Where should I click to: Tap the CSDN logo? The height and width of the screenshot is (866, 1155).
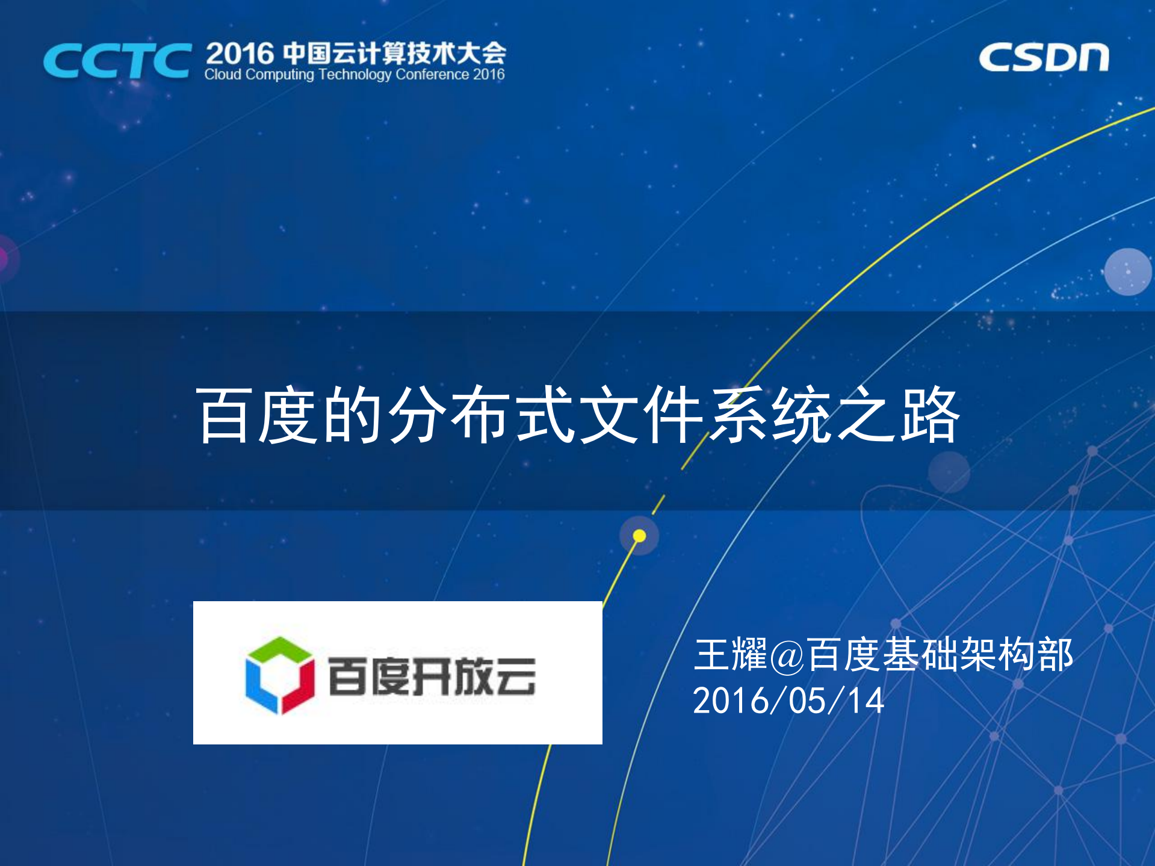pos(1043,58)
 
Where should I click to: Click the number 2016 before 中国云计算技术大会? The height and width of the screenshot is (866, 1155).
pos(240,54)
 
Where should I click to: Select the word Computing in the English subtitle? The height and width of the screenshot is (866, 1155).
pos(280,75)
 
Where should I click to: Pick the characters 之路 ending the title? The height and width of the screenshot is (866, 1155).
pos(897,415)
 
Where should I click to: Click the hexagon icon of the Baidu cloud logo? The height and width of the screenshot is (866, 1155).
pos(280,675)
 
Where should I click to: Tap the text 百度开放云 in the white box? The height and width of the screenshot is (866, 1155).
pos(432,676)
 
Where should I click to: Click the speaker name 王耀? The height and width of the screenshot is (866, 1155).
pos(730,654)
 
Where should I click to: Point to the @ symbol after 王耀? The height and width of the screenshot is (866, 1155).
pos(787,655)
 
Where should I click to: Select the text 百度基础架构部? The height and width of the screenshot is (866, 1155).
pos(940,654)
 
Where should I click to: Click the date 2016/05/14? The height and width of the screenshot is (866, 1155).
pos(788,701)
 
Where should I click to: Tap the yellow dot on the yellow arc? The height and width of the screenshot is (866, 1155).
pos(639,536)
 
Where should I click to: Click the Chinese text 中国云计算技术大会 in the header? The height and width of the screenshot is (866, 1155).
pos(394,53)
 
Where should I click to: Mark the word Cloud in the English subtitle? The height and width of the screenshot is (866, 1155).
pos(223,75)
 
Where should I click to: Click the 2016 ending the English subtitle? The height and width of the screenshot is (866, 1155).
pos(489,75)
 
